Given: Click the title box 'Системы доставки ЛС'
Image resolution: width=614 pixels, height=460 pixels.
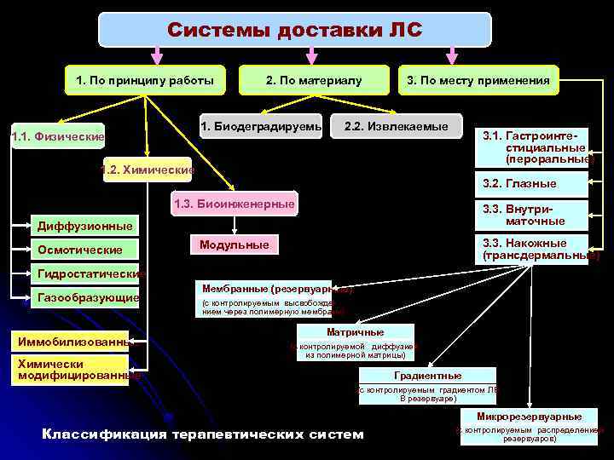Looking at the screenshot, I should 295,30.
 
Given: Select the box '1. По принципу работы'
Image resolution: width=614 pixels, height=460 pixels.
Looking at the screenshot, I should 145,80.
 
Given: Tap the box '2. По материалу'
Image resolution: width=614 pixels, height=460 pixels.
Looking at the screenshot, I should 314,80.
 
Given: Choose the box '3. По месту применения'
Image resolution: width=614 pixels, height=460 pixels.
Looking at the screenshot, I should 478,80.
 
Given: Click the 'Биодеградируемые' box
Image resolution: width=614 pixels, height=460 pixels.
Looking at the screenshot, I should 261,127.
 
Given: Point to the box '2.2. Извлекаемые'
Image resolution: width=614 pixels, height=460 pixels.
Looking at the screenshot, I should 396,127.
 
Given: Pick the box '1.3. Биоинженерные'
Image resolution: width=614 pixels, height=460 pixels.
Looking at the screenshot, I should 234,204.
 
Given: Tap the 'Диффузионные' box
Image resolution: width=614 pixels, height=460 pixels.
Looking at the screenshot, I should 85,226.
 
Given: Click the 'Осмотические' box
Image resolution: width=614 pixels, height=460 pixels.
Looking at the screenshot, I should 80,250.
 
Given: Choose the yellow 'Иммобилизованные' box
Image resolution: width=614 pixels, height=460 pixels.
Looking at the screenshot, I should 73,342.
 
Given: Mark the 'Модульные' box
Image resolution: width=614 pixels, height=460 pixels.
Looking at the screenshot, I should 234,245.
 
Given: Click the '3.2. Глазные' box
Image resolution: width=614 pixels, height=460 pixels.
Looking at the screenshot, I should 530,183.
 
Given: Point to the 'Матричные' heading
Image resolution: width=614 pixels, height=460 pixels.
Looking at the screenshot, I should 356,332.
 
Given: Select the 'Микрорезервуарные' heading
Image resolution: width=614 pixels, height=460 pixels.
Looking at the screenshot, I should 530,417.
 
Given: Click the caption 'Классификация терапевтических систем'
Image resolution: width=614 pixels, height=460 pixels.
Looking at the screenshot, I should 202,434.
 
